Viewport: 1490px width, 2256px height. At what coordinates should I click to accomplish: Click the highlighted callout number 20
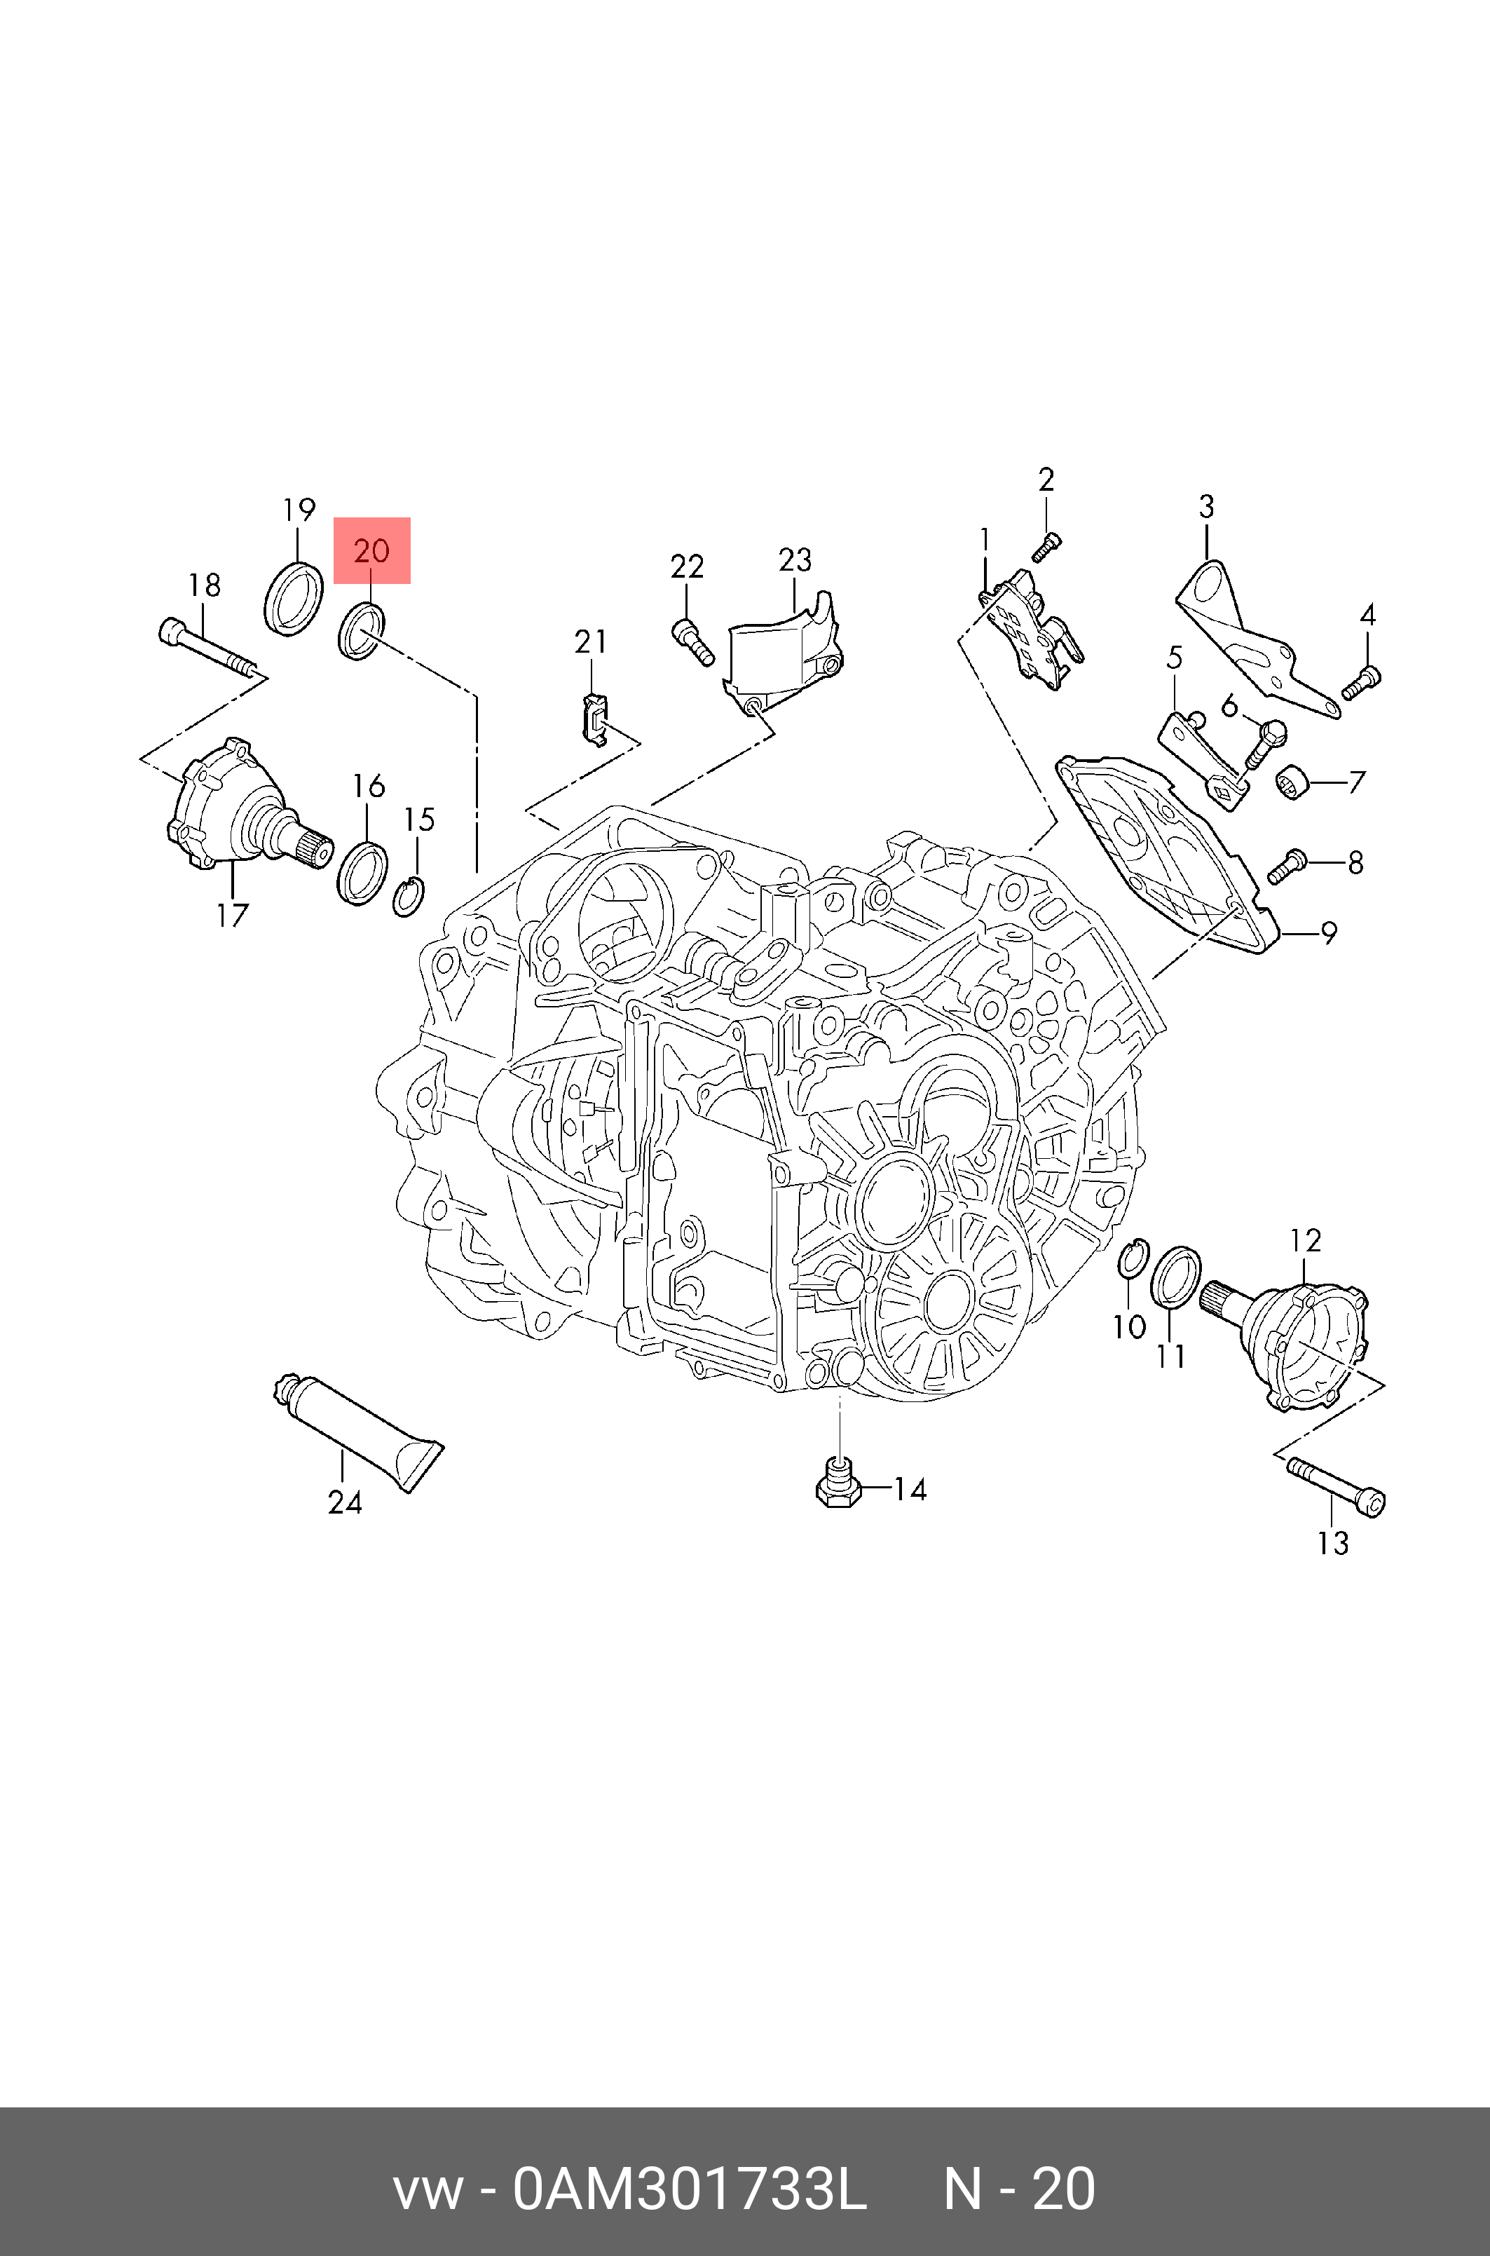[x=371, y=550]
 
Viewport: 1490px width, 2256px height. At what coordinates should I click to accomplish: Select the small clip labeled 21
[x=593, y=719]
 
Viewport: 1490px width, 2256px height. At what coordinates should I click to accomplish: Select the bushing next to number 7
[x=1293, y=781]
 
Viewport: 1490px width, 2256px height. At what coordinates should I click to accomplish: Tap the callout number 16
[x=369, y=786]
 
